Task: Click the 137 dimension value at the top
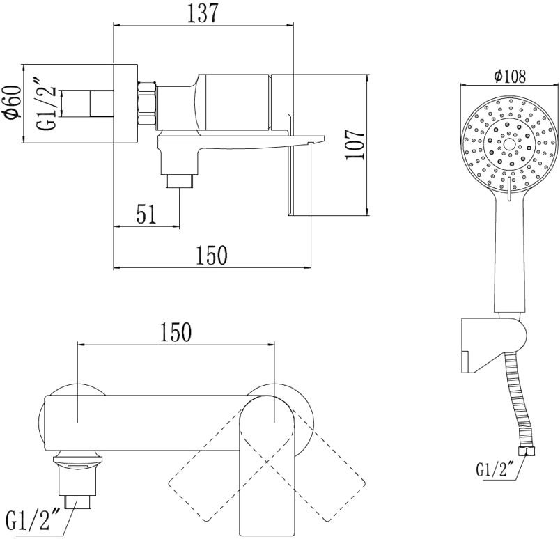(202, 14)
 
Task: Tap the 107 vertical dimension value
(355, 145)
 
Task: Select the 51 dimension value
(146, 214)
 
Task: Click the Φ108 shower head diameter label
(510, 76)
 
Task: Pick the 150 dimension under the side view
(212, 255)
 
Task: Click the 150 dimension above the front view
(176, 332)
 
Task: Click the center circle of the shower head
(509, 144)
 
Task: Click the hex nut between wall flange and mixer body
(147, 104)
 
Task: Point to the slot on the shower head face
(509, 188)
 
